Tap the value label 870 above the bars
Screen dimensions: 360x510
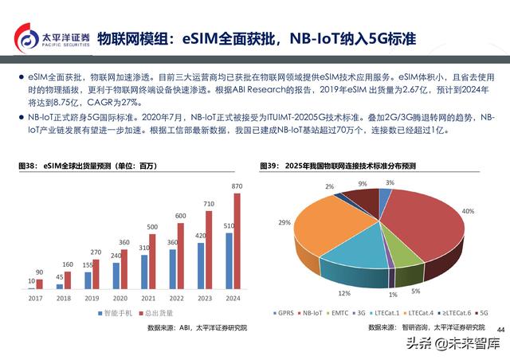pyautogui.click(x=237, y=186)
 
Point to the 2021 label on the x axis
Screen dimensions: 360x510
pyautogui.click(x=147, y=299)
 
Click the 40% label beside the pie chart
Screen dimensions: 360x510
pyautogui.click(x=468, y=211)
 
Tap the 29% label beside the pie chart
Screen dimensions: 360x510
pyautogui.click(x=284, y=223)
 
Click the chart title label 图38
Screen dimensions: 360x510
pyautogui.click(x=28, y=165)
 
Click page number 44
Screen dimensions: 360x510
pyautogui.click(x=500, y=329)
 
